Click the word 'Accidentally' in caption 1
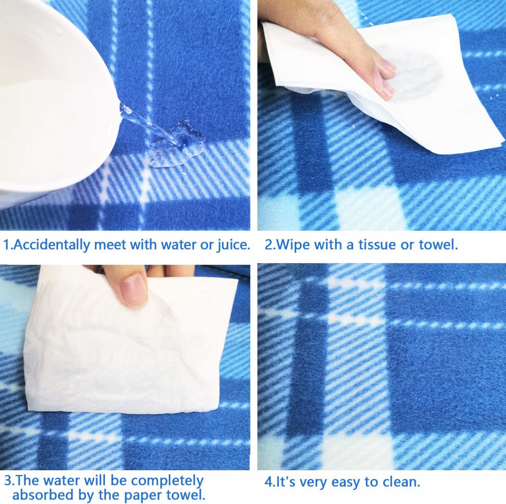tap(52, 245)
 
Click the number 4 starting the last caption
tap(268, 482)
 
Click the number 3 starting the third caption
tap(8, 480)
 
